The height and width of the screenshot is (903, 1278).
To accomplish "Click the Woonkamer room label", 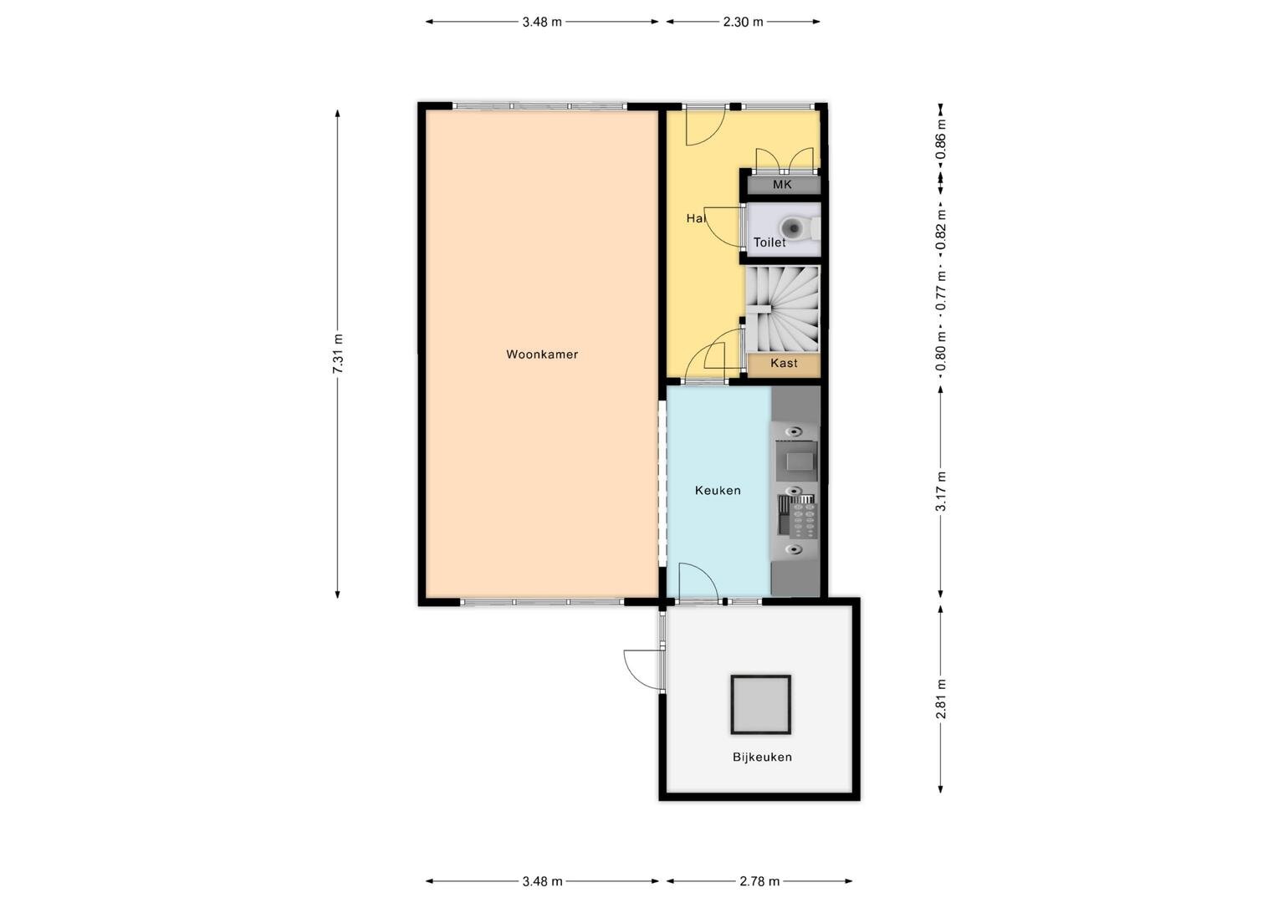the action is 542,355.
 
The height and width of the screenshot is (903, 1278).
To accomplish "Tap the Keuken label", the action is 718,490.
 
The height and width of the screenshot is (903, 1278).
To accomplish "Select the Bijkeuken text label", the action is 762,757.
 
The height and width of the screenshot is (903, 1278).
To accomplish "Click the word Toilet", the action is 769,242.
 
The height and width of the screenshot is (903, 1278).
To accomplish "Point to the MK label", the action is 782,185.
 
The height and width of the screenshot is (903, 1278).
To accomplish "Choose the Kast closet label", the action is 784,363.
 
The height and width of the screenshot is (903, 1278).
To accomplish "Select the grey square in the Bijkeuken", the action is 761,705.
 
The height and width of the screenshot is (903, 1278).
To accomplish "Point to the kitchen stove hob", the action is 798,517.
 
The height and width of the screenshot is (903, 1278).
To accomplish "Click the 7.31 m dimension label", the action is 338,355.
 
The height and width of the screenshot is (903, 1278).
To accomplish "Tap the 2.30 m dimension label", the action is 743,23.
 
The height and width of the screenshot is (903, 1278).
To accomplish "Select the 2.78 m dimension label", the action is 759,881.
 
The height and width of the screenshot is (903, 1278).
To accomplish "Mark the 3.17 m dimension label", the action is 942,491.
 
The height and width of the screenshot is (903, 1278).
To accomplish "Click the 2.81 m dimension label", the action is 942,699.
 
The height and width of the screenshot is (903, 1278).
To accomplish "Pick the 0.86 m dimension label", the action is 942,140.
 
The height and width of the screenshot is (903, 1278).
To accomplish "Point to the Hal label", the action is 696,218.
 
